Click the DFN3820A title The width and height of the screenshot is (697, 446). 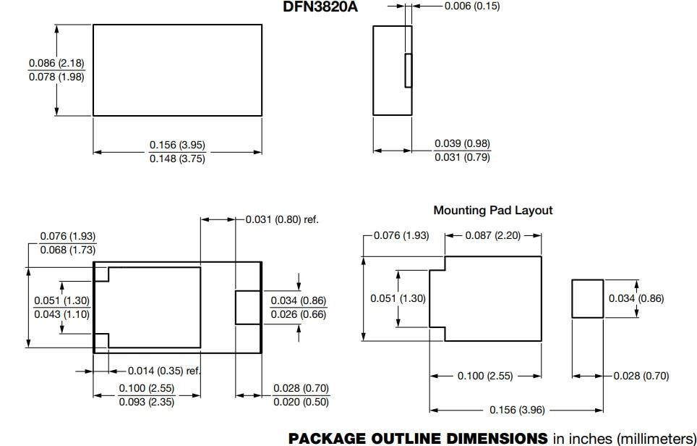(x=320, y=7)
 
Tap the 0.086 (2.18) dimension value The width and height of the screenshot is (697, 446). (x=56, y=64)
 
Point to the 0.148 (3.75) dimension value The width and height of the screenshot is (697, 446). (x=177, y=159)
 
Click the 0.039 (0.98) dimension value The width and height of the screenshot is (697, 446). (x=462, y=144)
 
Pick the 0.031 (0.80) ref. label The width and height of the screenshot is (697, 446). (x=282, y=219)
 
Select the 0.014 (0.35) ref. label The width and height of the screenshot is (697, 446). (x=164, y=371)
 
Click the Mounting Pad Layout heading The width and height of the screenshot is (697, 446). (x=492, y=210)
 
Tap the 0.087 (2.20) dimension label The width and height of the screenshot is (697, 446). (x=492, y=235)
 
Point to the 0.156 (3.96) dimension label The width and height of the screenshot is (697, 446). (x=517, y=410)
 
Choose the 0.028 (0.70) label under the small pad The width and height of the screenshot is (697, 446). (x=641, y=376)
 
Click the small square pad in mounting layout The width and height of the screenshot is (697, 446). (x=587, y=298)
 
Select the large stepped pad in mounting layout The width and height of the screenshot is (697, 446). (x=492, y=298)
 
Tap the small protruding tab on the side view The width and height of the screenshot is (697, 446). (x=408, y=70)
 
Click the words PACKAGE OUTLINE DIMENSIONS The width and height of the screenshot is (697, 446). (x=418, y=438)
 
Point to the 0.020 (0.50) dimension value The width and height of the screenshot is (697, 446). (x=301, y=402)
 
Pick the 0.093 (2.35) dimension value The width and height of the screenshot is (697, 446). (x=146, y=402)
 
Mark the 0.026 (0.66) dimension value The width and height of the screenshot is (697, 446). (x=298, y=314)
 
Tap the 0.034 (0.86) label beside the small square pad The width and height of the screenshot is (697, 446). (x=636, y=298)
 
